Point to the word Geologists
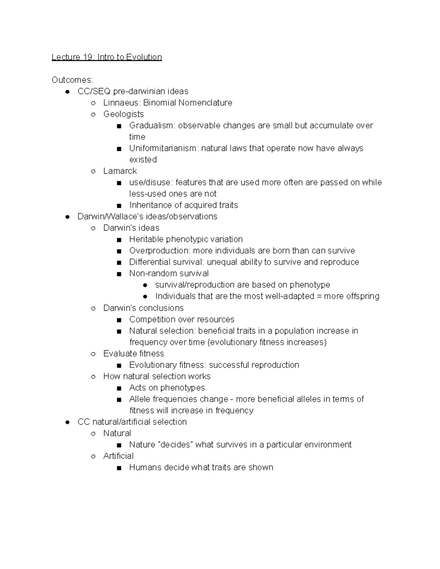click(123, 114)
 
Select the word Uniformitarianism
click(164, 148)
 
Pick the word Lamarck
click(120, 171)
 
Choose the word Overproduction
click(159, 251)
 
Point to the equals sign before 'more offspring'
click(319, 296)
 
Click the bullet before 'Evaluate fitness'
click(93, 354)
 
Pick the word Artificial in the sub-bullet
click(118, 456)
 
